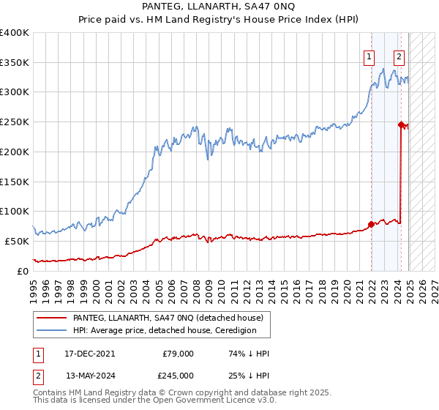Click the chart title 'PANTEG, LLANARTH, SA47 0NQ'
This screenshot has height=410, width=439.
pos(219,7)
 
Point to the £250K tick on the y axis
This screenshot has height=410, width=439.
pos(15,122)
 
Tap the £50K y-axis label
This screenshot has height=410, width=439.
pos(17,241)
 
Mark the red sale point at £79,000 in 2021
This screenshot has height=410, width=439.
pos(372,224)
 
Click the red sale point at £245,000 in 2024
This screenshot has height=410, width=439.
pos(401,124)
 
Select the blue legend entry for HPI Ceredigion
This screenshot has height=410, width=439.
pos(164,330)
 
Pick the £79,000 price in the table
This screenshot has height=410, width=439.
pos(178,354)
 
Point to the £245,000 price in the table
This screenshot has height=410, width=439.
pos(178,376)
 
